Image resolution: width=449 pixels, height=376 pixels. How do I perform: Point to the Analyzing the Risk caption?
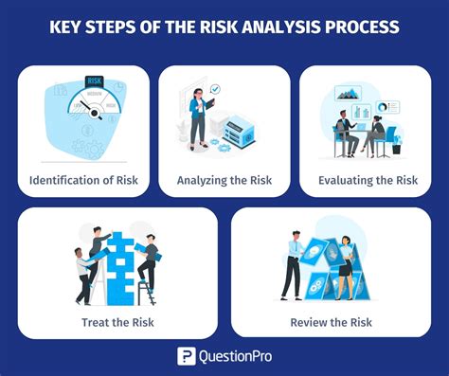tap(224, 179)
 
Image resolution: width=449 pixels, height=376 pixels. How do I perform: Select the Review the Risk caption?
tap(331, 321)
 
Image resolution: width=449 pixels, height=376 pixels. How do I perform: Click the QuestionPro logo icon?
tap(187, 356)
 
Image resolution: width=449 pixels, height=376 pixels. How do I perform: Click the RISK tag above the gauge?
tap(95, 82)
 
